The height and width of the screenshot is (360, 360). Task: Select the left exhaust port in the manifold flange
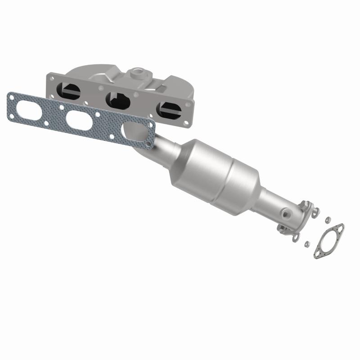[x=72, y=92]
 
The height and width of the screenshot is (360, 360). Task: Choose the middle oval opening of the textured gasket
[x=81, y=119]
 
